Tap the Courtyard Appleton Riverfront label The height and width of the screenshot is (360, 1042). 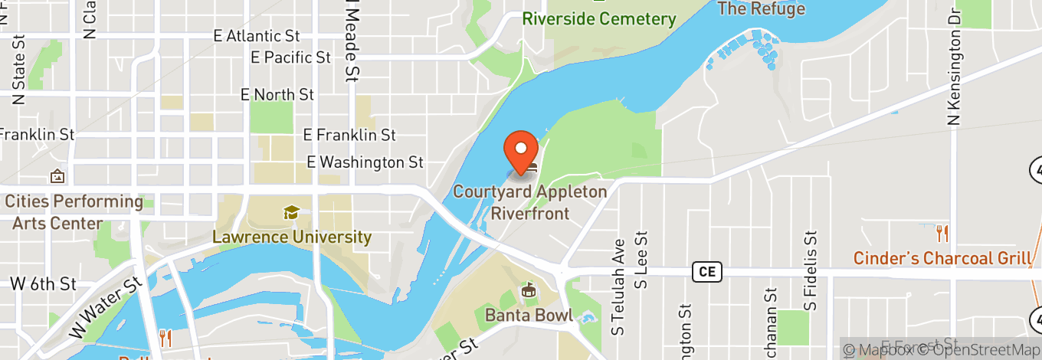[x=529, y=202]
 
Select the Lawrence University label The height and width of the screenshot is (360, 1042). [x=292, y=237]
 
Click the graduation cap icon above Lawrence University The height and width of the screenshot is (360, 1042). [x=291, y=212]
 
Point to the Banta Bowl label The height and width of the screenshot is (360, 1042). [x=529, y=315]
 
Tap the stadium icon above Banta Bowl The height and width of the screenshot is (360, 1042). [x=528, y=291]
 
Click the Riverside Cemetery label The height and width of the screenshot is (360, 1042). [x=599, y=19]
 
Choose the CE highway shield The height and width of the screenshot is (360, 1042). [x=707, y=271]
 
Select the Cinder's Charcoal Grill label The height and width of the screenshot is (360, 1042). [x=942, y=258]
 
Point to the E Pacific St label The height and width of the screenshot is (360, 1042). [x=290, y=57]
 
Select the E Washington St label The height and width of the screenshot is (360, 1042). [x=365, y=162]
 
